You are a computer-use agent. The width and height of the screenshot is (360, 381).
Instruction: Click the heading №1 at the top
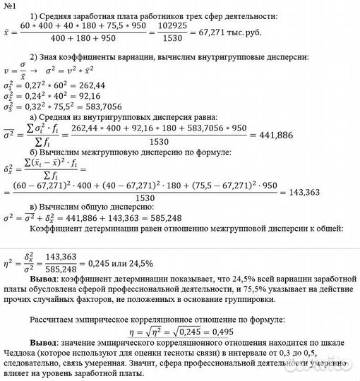(x=13, y=7)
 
